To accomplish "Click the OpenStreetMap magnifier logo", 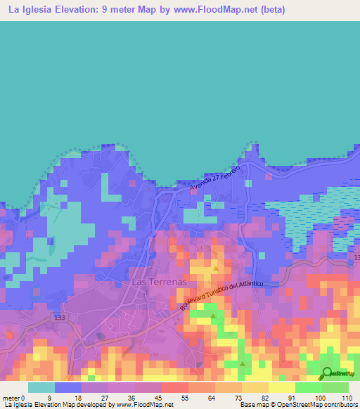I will point(327,373).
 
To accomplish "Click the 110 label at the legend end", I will point(346,398).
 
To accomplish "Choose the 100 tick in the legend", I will point(321,398).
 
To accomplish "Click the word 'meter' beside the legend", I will point(13,398).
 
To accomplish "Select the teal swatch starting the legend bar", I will point(41,387).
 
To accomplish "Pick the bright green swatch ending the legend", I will point(335,387).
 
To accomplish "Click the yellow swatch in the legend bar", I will point(282,387).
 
